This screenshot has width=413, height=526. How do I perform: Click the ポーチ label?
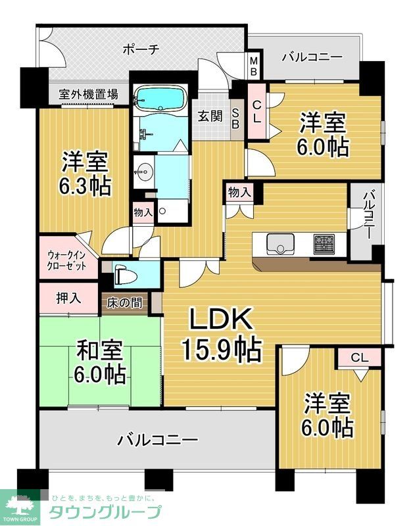141,49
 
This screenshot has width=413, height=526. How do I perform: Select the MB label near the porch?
254,66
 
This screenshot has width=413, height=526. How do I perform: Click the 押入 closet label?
68,298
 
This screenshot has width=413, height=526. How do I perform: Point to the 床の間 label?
123,303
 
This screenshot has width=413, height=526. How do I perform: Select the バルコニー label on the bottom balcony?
157,439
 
